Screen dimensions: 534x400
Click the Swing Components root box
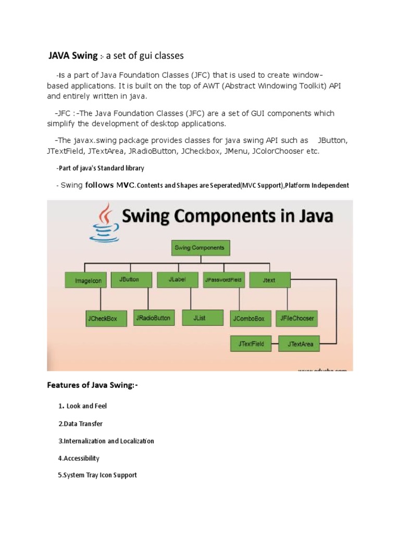(x=199, y=248)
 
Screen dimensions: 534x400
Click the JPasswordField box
(x=223, y=280)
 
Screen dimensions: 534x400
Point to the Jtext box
(x=269, y=280)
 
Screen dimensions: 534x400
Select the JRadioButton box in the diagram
(x=153, y=318)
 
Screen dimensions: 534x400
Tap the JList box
(x=199, y=317)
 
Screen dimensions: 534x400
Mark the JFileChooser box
(x=297, y=318)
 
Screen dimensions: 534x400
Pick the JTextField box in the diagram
(x=252, y=344)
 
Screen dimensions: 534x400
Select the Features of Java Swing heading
(x=93, y=386)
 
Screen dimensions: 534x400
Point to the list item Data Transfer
(x=80, y=423)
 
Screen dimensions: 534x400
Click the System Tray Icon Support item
(x=97, y=475)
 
